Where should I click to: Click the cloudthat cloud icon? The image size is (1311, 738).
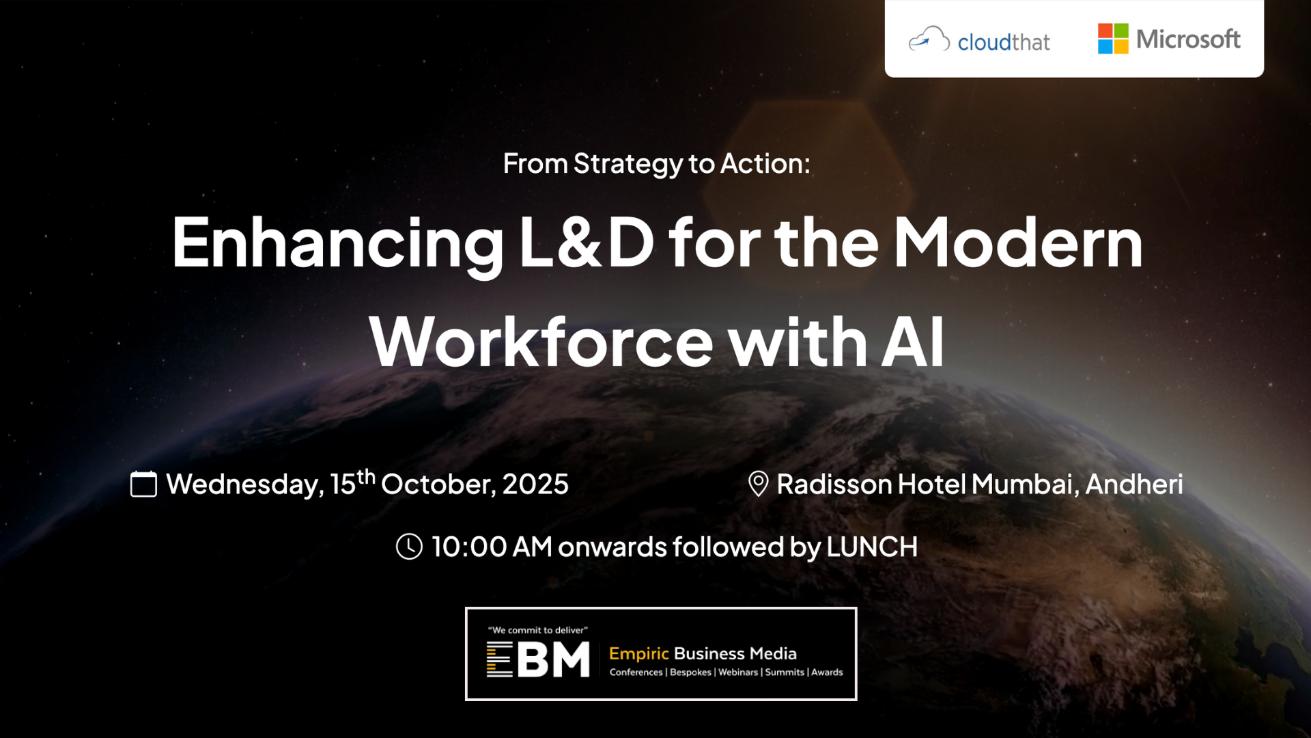coord(929,39)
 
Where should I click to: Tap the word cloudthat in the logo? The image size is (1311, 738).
coord(1004,42)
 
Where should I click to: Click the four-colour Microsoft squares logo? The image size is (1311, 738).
coord(1113,38)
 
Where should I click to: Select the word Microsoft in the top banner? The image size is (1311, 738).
coord(1188,39)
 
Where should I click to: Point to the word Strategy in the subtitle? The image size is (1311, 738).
coord(628,165)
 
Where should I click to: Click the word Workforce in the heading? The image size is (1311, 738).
coord(541,342)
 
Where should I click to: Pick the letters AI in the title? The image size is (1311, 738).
coord(914,342)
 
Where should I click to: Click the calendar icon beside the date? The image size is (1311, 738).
coord(143,484)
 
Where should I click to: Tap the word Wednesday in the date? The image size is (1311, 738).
coord(244,484)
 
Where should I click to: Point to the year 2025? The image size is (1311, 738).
coord(535,484)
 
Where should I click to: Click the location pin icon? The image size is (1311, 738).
coord(758,484)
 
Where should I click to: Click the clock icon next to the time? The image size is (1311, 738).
coord(409,547)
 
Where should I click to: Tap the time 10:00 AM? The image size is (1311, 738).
coord(492,547)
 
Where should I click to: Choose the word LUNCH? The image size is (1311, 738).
coord(872,547)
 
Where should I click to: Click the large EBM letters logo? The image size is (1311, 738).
coord(538,659)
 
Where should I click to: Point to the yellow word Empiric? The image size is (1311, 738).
coord(639,654)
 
